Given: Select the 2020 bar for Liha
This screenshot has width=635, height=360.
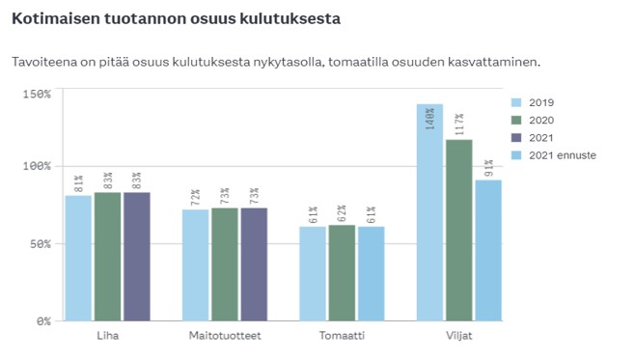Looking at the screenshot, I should (108, 257).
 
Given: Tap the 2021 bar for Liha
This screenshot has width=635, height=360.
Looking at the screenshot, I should (137, 257).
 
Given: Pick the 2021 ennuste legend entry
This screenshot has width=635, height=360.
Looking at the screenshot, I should (561, 154).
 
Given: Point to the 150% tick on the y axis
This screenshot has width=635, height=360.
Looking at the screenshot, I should (37, 94).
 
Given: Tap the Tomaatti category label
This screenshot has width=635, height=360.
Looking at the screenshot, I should (342, 335).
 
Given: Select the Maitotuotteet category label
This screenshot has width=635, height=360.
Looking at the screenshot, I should (225, 335).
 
